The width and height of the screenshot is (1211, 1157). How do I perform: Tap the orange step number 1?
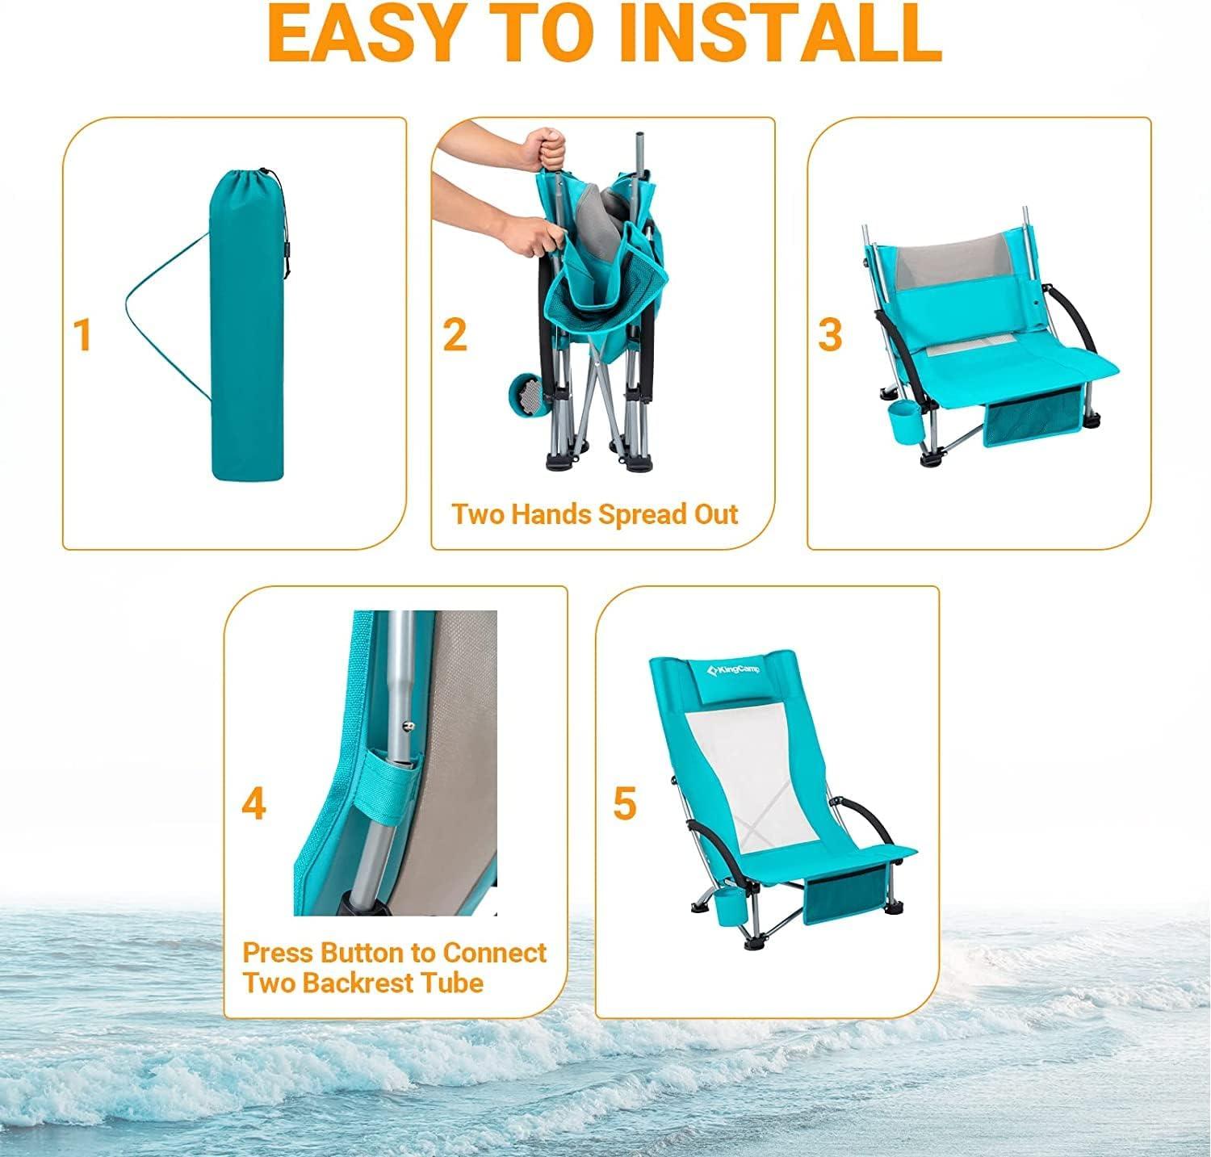pos(82,335)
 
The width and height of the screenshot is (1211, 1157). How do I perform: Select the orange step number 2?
pos(455,335)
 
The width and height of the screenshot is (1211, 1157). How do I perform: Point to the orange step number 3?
pos(830,335)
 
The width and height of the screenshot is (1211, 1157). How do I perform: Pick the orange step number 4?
pos(254,804)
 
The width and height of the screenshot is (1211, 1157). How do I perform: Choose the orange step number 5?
pos(624,804)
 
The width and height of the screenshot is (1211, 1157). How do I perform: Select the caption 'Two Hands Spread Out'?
pos(594,514)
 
